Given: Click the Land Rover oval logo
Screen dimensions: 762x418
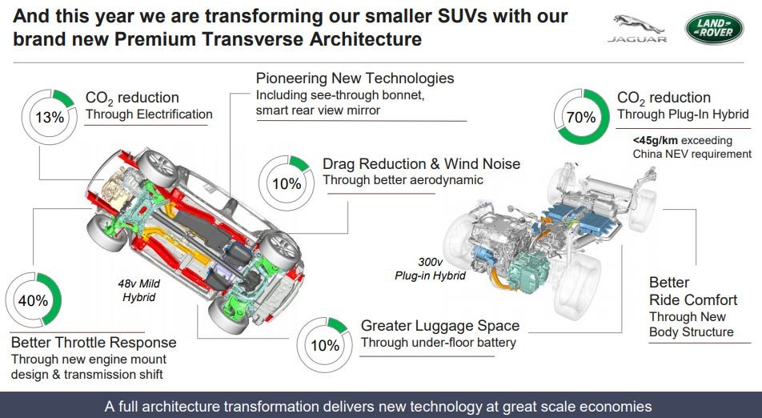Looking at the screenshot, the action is click(714, 28).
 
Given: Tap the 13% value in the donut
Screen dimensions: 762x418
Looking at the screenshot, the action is click(50, 117).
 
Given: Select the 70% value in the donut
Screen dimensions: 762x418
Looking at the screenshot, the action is click(581, 117).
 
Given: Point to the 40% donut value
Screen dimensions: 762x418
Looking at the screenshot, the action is click(33, 300).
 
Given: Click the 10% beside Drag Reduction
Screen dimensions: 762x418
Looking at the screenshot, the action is click(287, 183).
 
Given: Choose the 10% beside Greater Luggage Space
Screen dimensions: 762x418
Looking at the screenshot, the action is click(325, 346).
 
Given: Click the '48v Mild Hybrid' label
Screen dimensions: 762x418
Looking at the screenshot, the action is click(139, 290).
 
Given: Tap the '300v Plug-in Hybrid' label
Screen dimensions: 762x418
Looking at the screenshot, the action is click(430, 269).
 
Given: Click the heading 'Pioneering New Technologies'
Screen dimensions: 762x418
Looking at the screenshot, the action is click(355, 78).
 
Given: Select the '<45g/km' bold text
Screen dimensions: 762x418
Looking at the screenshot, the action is click(655, 140).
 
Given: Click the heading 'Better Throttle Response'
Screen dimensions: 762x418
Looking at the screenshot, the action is click(94, 342).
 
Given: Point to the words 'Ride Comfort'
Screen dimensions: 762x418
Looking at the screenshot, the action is click(693, 300).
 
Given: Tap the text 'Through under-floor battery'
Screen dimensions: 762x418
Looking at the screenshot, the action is click(439, 343).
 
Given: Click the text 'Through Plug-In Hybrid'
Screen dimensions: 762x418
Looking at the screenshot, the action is click(683, 115).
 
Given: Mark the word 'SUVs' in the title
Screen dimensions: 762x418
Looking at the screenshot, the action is click(455, 16).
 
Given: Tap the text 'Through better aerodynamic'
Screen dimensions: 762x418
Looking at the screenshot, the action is click(403, 180).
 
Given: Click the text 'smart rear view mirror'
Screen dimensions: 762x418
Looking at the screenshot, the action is click(318, 111).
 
